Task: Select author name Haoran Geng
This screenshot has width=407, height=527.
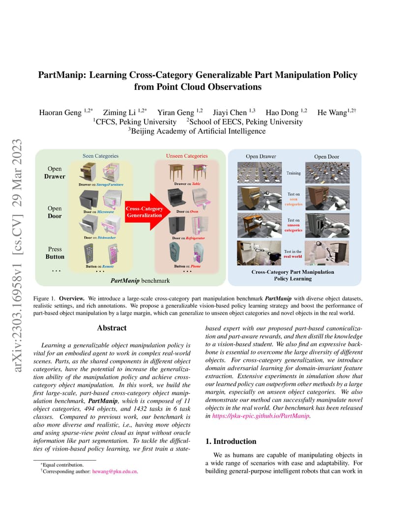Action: point(60,112)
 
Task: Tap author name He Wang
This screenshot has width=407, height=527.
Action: point(332,112)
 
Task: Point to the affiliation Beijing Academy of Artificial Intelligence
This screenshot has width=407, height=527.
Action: point(198,131)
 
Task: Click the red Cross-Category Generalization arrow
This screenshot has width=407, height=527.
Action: point(146,212)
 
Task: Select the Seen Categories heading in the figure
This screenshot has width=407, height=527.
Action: point(100,156)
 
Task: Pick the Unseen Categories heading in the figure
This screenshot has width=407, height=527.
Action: point(187,156)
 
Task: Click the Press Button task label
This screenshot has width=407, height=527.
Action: point(55,253)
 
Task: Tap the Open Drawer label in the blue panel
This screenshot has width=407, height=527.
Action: point(261,156)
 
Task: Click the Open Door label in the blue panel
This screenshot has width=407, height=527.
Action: point(327,157)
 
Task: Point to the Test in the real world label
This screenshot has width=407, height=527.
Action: point(293,254)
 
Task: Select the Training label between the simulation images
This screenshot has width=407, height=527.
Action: point(293,173)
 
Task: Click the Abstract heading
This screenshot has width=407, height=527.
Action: point(112,328)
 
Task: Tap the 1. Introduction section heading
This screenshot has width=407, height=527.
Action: point(231,441)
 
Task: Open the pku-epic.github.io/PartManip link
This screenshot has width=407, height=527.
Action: point(261,416)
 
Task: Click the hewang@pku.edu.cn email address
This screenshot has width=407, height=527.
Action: point(115,471)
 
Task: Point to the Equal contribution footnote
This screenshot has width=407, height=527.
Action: point(62,465)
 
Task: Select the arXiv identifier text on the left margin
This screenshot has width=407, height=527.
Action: point(18,256)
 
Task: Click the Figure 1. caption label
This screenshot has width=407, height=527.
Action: point(44,298)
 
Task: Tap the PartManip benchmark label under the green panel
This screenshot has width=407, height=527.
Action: point(140,281)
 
